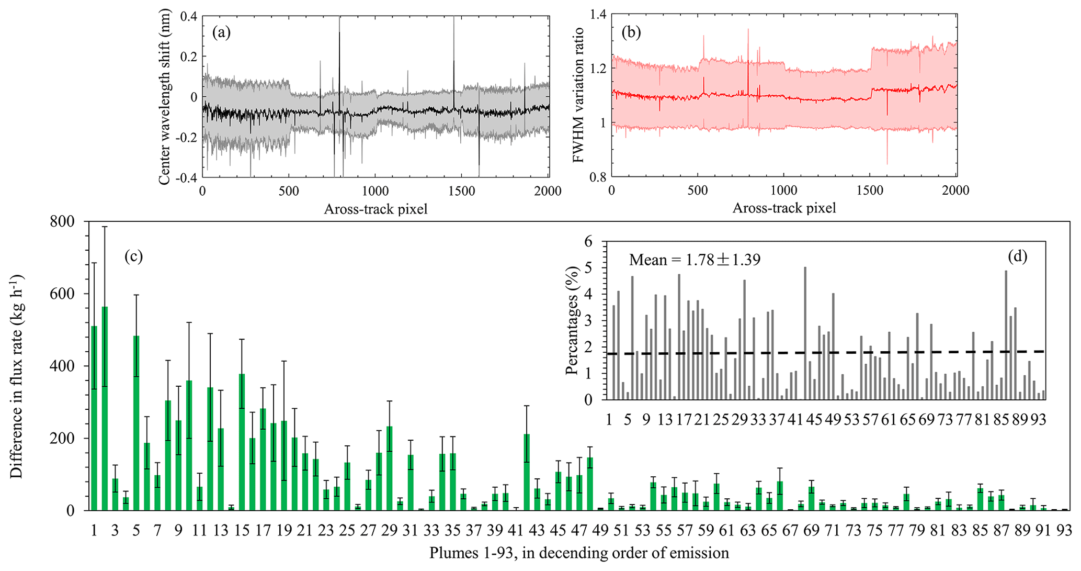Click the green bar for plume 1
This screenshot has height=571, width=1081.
(x=94, y=419)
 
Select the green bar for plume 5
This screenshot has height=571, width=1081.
(x=136, y=424)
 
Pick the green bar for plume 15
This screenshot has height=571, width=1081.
(x=242, y=442)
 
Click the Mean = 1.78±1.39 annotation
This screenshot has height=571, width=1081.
(x=695, y=260)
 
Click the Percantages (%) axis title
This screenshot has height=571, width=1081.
(x=573, y=320)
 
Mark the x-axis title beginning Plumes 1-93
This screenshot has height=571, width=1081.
(x=579, y=553)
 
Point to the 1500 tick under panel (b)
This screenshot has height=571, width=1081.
(x=870, y=191)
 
